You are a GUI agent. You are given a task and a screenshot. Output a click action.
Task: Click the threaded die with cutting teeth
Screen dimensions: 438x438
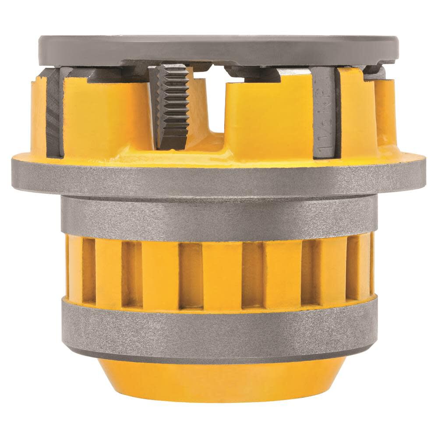[x=172, y=107]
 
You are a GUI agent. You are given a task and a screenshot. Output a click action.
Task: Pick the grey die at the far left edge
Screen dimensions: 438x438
[x=54, y=114]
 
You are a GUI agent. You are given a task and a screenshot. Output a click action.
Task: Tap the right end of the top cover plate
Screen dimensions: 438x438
[x=394, y=46]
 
